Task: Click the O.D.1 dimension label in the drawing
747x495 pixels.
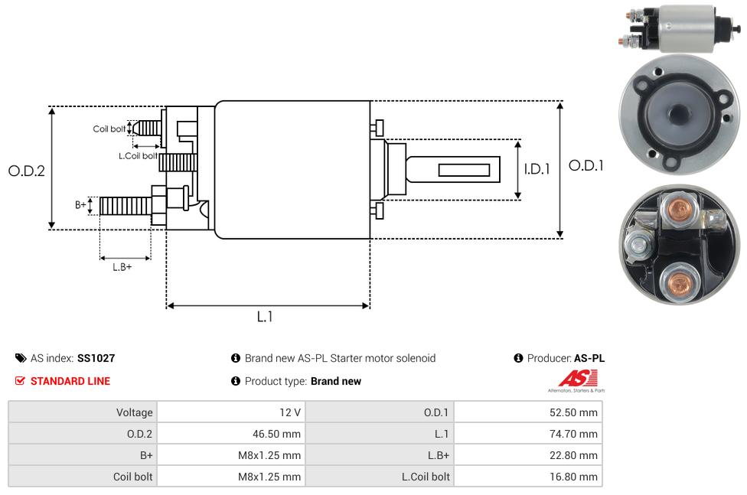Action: coord(586,165)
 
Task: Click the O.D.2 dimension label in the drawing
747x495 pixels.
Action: coord(27,171)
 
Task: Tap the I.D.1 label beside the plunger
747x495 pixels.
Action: coord(537,169)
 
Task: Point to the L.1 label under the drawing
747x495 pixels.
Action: coord(265,317)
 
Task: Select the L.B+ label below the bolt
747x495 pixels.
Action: coord(122,267)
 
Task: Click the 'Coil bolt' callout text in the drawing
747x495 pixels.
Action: coord(109,129)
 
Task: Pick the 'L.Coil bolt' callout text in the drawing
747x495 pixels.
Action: coord(138,156)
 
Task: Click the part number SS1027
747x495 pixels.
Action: coord(96,358)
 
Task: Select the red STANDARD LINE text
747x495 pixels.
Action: coord(70,381)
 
